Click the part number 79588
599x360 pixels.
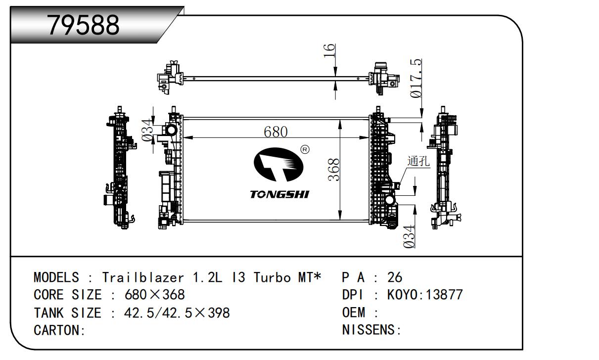[x=83, y=25]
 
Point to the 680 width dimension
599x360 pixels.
[x=276, y=132]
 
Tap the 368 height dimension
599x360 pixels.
[x=333, y=170]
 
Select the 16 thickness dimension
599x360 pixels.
[x=329, y=50]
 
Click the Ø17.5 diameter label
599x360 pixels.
[x=416, y=78]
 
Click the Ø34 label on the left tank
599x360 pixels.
[x=147, y=130]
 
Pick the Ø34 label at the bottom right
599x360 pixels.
[x=409, y=236]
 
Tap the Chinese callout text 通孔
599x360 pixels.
[x=418, y=161]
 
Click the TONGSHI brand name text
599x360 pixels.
[x=279, y=194]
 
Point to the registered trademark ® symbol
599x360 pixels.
[x=305, y=149]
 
